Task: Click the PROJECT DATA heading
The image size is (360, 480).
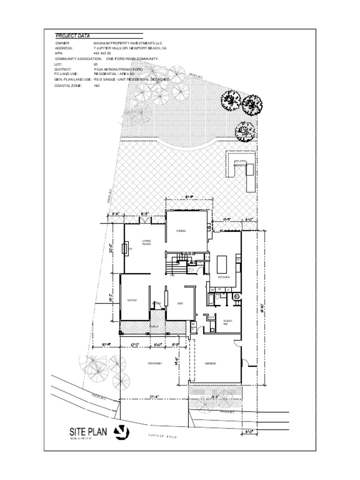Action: [73, 36]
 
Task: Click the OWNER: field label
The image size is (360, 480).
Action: [62, 43]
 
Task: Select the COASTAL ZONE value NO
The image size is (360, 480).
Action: [97, 86]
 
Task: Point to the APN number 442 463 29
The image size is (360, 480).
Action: [102, 53]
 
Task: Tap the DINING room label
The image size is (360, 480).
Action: [181, 231]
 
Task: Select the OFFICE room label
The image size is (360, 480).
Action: [132, 300]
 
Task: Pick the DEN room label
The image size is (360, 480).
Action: [180, 303]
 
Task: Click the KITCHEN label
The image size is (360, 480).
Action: [224, 277]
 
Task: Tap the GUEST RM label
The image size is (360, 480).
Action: [225, 322]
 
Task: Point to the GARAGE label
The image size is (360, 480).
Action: [210, 363]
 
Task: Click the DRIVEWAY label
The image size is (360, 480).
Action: [155, 363]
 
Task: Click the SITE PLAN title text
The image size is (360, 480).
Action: [89, 431]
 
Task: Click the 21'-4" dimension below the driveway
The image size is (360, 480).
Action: [154, 397]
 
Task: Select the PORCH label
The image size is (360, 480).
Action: [154, 326]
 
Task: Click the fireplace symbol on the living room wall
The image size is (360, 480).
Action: [125, 248]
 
